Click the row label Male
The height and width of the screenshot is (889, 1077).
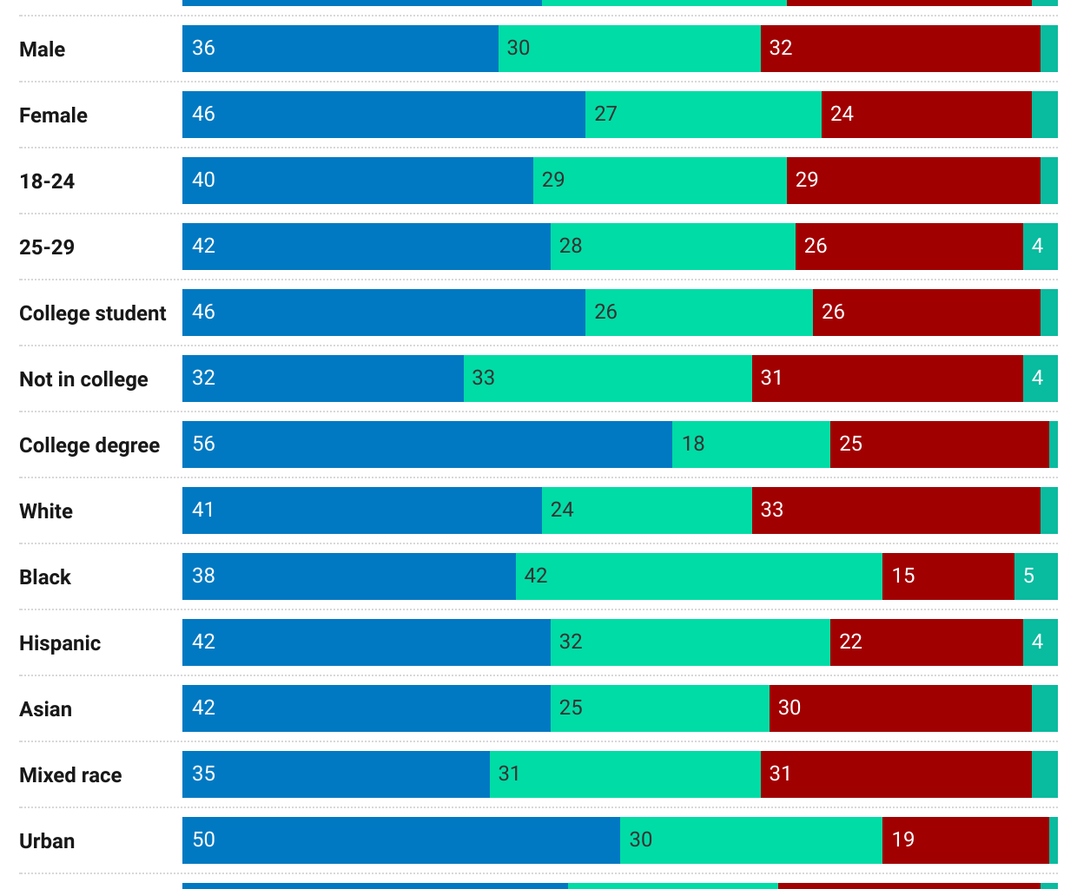click(42, 49)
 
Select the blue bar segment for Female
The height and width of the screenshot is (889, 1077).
click(383, 115)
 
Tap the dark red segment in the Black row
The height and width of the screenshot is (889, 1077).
click(948, 576)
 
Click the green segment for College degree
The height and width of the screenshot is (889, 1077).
click(750, 444)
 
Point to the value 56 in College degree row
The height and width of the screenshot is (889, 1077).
click(203, 444)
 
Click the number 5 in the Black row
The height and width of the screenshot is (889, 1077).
click(1028, 576)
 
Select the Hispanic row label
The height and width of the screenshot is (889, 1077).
click(60, 643)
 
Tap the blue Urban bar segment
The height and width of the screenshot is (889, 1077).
click(400, 840)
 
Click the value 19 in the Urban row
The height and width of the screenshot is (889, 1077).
click(903, 840)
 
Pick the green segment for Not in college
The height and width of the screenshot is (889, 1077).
click(607, 379)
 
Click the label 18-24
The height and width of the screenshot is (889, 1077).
click(47, 181)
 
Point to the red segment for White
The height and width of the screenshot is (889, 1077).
click(895, 510)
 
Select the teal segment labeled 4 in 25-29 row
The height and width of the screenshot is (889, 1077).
click(1039, 247)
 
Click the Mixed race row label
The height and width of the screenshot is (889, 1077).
click(70, 775)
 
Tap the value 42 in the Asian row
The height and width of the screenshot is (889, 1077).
click(203, 708)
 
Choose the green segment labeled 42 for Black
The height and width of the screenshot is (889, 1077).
click(698, 576)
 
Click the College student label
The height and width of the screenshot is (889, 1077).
click(92, 313)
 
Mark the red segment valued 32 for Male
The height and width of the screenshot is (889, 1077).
click(900, 49)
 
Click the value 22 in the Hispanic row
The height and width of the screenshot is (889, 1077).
click(850, 642)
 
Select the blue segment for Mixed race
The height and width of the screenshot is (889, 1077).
click(335, 774)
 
